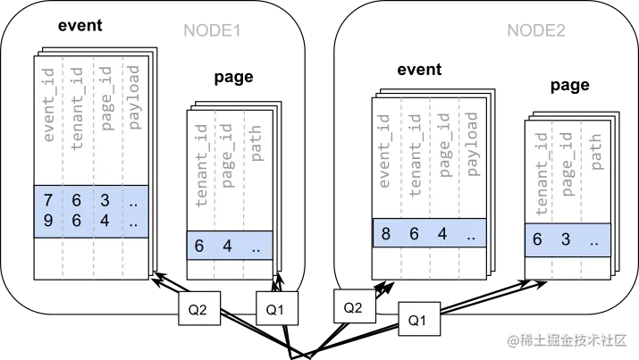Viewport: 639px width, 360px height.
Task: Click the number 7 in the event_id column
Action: point(48,199)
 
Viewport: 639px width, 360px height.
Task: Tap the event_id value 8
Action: point(386,234)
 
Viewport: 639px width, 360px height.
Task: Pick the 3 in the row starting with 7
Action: point(105,199)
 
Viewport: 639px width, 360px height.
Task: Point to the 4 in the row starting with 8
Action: point(442,234)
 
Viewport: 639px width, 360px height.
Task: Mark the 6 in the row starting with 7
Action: point(77,199)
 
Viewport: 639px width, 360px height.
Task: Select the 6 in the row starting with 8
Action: point(414,234)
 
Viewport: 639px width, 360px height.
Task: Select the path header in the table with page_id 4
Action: point(256,148)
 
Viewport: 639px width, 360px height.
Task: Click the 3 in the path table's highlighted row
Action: point(566,239)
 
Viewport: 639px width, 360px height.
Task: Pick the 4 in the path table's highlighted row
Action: point(228,246)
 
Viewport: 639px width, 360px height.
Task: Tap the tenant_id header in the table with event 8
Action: point(414,154)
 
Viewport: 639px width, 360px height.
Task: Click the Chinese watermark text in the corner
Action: point(567,339)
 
